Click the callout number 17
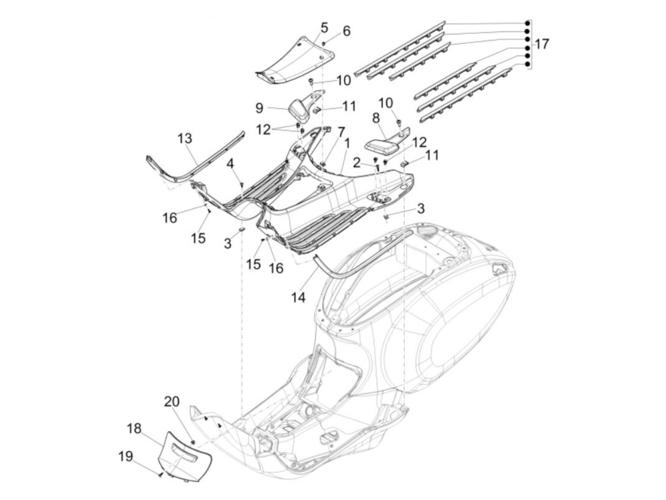point(541,45)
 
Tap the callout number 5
point(324,27)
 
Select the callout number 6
point(346,31)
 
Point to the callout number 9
point(259,108)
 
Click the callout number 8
point(375,118)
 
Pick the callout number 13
point(185,139)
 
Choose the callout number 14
point(299,298)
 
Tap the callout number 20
point(172,402)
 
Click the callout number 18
point(134,428)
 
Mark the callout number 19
point(125,457)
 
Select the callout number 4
point(230,164)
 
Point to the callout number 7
point(341,131)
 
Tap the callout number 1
point(347,143)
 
